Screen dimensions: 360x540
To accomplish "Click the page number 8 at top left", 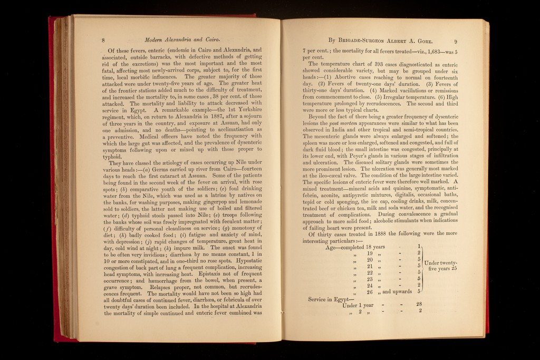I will click(104, 40).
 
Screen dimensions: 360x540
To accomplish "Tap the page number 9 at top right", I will click(456, 41).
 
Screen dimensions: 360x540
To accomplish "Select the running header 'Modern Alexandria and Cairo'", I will click(182, 40).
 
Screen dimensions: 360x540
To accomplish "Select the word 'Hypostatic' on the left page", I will click(242, 260).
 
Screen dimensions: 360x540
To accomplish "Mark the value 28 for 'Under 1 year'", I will click(419, 304).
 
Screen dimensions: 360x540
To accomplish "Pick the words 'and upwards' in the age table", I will click(397, 291).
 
